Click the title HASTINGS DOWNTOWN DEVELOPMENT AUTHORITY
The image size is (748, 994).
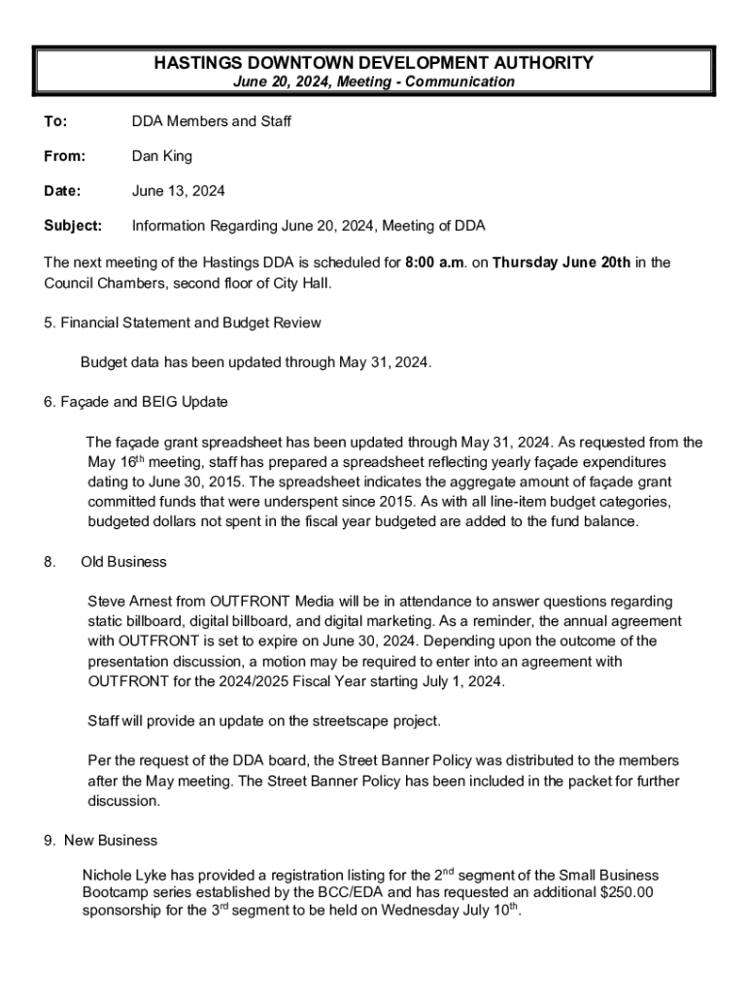tap(373, 63)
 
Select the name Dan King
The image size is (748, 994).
tap(162, 156)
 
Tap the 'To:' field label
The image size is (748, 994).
tap(55, 121)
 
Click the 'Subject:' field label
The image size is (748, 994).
tap(73, 226)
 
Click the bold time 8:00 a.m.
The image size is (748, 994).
tap(438, 262)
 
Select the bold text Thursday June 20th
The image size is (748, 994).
tap(561, 262)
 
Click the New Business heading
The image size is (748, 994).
tap(110, 841)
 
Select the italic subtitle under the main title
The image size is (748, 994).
tap(373, 83)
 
